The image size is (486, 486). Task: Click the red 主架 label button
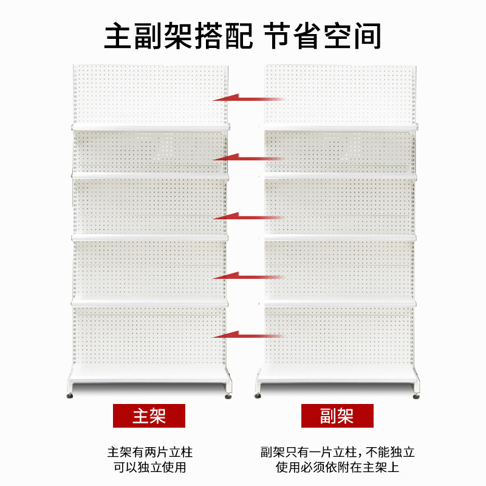149,416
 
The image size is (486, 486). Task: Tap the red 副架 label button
337,416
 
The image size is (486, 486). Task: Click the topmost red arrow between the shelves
248,98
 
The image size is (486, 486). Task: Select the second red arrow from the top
248,158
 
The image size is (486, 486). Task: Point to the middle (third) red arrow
248,216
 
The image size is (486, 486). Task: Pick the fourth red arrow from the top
248,276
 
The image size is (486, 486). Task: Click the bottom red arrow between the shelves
248,335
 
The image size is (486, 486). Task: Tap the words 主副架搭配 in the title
178,36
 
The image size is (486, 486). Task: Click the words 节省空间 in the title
323,36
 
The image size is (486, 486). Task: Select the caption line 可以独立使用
149,468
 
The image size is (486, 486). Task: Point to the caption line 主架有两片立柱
149,453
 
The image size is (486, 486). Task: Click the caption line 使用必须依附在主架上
337,468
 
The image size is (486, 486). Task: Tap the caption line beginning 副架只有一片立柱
337,453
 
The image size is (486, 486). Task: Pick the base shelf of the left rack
149,375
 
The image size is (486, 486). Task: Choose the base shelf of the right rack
337,375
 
